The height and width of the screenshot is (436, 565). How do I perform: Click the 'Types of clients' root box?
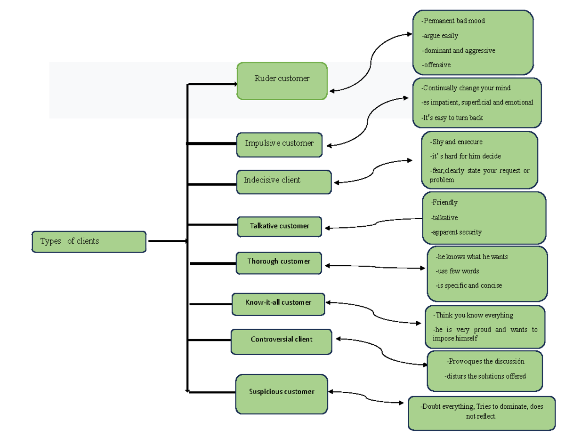tap(89, 242)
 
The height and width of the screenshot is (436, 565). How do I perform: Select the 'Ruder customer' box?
tap(282, 81)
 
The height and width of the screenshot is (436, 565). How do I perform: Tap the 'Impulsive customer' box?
tap(279, 144)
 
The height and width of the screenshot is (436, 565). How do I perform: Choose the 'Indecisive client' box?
tap(284, 182)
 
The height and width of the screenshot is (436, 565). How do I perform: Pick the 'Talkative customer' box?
tap(280, 226)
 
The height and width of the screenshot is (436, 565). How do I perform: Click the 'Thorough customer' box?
tap(279, 262)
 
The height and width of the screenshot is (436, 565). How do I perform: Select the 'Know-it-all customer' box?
tap(278, 304)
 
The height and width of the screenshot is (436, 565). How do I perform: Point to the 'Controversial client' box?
tap(281, 341)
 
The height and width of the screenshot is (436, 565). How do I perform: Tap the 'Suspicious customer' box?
tap(282, 394)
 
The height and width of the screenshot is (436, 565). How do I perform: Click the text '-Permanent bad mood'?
tap(453, 21)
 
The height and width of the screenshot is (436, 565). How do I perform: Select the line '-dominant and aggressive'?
tap(458, 50)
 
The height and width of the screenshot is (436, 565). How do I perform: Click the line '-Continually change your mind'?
tap(466, 88)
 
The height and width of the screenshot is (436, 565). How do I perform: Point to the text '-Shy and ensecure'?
tap(456, 142)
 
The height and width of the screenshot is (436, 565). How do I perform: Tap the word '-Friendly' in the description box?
tap(444, 202)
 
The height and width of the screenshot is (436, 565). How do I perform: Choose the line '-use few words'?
tap(457, 271)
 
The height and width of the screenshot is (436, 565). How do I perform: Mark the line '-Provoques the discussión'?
tap(485, 361)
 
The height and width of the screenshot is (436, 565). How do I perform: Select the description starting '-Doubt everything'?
tap(481, 412)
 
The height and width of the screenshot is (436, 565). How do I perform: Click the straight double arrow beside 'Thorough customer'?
tap(375, 267)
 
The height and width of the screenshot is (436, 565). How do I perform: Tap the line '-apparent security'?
tap(456, 232)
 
